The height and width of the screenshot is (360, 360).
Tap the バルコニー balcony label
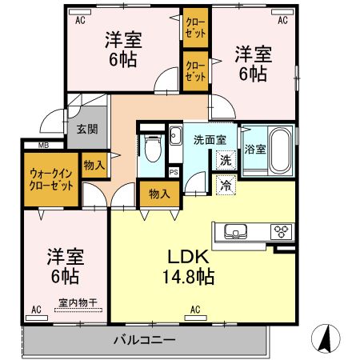click(143, 340)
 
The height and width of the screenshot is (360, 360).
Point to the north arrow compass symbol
click(326, 338)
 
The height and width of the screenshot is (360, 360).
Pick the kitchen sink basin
click(238, 232)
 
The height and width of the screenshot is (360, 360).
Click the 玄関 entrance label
click(86, 129)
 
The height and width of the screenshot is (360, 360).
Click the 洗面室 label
click(210, 139)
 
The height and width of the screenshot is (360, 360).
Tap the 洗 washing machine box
click(226, 159)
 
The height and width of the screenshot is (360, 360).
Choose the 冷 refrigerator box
click(226, 184)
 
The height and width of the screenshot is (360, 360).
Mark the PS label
click(174, 170)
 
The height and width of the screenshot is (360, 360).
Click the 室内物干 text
click(78, 302)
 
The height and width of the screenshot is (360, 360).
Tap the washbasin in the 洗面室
click(175, 136)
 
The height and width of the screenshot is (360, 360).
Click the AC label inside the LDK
click(194, 309)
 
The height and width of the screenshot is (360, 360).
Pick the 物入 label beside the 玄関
click(94, 164)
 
